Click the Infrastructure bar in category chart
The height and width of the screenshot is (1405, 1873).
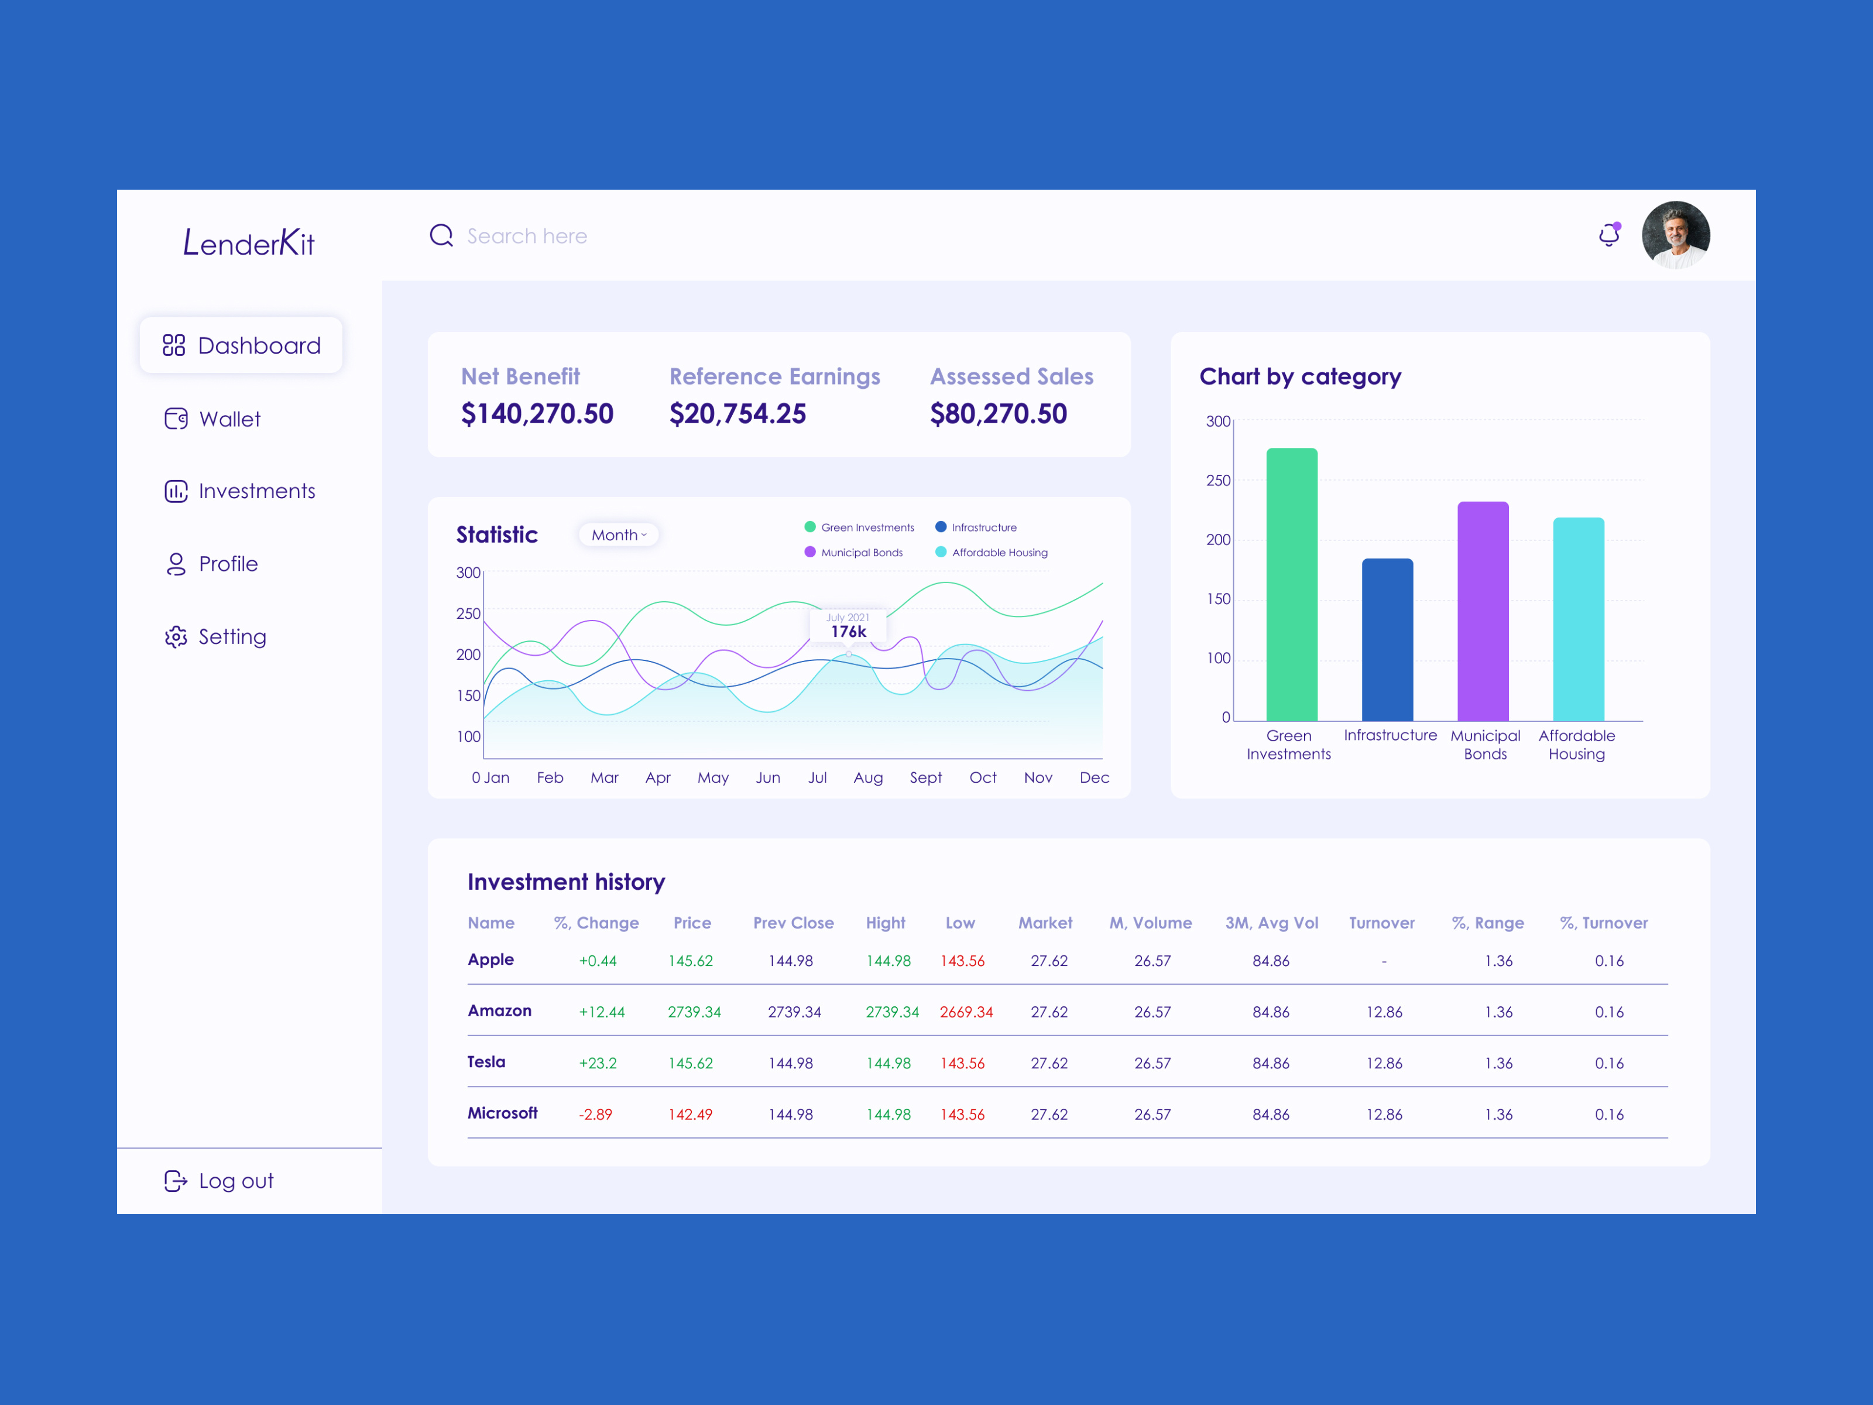tap(1387, 639)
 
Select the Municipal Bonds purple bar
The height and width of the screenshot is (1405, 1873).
tap(1483, 611)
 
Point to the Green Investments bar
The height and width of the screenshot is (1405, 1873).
tap(1291, 584)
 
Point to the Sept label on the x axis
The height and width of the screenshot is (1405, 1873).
tap(925, 777)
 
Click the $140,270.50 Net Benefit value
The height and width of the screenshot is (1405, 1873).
tap(537, 414)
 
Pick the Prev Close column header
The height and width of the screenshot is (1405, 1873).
tap(794, 923)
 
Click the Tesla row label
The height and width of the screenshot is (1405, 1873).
tap(486, 1062)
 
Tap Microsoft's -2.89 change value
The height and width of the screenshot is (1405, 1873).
tap(595, 1115)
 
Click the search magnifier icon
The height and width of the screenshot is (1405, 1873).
tap(441, 235)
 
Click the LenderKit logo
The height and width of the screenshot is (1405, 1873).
tap(249, 243)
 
